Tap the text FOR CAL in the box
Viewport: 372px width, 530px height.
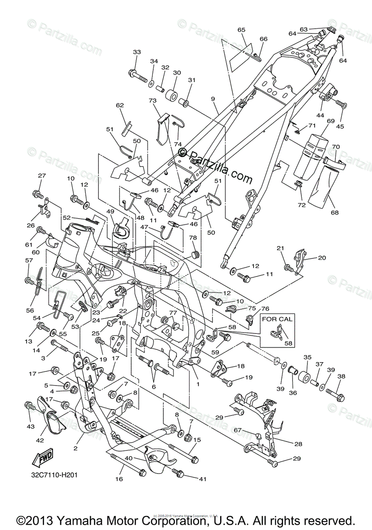pos(277,319)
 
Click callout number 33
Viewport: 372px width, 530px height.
pos(137,52)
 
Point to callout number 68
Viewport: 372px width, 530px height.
pos(334,212)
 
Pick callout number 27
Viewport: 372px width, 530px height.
pos(42,176)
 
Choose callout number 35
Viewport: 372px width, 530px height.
pos(307,357)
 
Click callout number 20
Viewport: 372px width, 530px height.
pos(322,258)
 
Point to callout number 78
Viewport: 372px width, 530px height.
pos(193,238)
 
